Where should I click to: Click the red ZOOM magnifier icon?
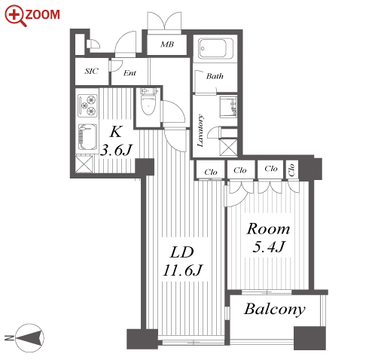(x=16, y=16)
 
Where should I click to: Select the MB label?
(x=167, y=44)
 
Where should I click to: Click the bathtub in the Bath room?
(x=215, y=48)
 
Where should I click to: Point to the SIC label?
(x=92, y=71)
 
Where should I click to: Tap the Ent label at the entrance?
(x=130, y=73)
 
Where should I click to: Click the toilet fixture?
(x=148, y=102)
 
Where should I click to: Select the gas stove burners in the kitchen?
(x=87, y=105)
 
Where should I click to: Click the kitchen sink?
(x=87, y=137)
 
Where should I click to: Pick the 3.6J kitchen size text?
(x=116, y=150)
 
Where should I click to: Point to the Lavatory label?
(x=200, y=130)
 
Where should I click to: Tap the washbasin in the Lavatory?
(x=228, y=107)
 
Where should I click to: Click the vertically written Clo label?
(x=291, y=170)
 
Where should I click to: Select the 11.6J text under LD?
(x=182, y=270)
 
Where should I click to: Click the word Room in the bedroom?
(x=268, y=229)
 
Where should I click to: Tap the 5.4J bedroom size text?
(x=269, y=246)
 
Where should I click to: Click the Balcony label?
(x=275, y=310)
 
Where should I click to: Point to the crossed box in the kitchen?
(x=84, y=164)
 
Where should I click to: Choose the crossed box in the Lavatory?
(x=228, y=148)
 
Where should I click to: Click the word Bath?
(x=215, y=76)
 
